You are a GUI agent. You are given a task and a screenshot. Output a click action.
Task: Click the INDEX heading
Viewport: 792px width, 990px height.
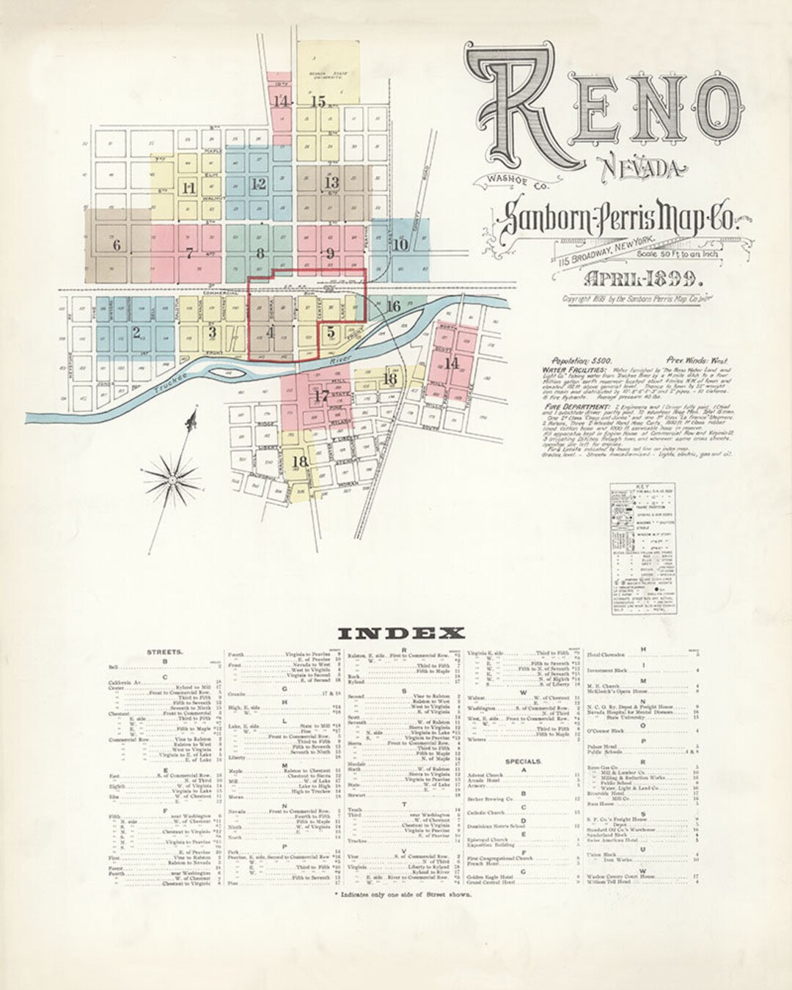tap(401, 633)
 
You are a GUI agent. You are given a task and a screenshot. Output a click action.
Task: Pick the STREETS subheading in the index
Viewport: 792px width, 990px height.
tap(165, 651)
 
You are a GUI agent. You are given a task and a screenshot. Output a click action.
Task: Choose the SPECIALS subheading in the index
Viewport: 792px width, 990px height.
tap(524, 761)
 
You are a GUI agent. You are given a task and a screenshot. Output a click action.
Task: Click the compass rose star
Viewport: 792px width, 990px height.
tap(173, 480)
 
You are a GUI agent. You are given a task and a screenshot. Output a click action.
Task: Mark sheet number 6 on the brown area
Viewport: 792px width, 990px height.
tap(116, 245)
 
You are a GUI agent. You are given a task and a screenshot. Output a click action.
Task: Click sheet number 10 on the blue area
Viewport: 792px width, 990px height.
tap(400, 244)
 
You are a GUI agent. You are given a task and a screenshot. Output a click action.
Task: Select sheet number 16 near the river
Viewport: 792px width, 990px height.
tap(393, 306)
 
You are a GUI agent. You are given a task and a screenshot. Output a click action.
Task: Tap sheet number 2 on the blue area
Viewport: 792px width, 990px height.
tap(136, 331)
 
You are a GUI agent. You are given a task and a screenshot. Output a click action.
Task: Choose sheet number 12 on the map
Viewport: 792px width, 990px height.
tap(258, 184)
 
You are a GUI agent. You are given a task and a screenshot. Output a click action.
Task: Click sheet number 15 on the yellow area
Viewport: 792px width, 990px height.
tap(318, 102)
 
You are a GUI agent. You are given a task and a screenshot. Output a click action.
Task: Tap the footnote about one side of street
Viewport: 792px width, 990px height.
tap(402, 895)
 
